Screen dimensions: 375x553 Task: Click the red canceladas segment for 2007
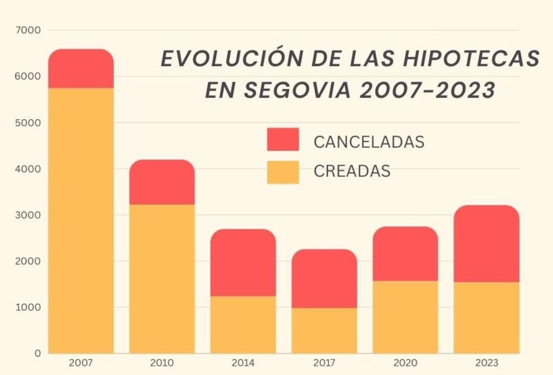click(x=81, y=69)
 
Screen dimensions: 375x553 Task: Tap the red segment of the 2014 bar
click(x=243, y=263)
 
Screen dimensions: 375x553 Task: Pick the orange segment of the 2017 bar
click(x=324, y=330)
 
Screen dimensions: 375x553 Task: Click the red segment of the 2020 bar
click(x=406, y=254)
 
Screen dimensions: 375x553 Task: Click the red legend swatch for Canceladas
click(x=282, y=139)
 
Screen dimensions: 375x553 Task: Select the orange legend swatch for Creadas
click(x=282, y=172)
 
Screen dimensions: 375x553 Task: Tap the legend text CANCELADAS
click(x=369, y=142)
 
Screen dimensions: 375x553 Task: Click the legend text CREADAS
click(x=352, y=171)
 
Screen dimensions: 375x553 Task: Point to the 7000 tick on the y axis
click(x=30, y=30)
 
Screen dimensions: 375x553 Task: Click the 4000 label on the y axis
click(x=30, y=169)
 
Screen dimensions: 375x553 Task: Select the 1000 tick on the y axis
click(x=30, y=308)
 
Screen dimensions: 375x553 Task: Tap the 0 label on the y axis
click(x=37, y=353)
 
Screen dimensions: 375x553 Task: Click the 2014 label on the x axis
click(x=243, y=363)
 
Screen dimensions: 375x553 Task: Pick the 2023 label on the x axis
click(x=487, y=363)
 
